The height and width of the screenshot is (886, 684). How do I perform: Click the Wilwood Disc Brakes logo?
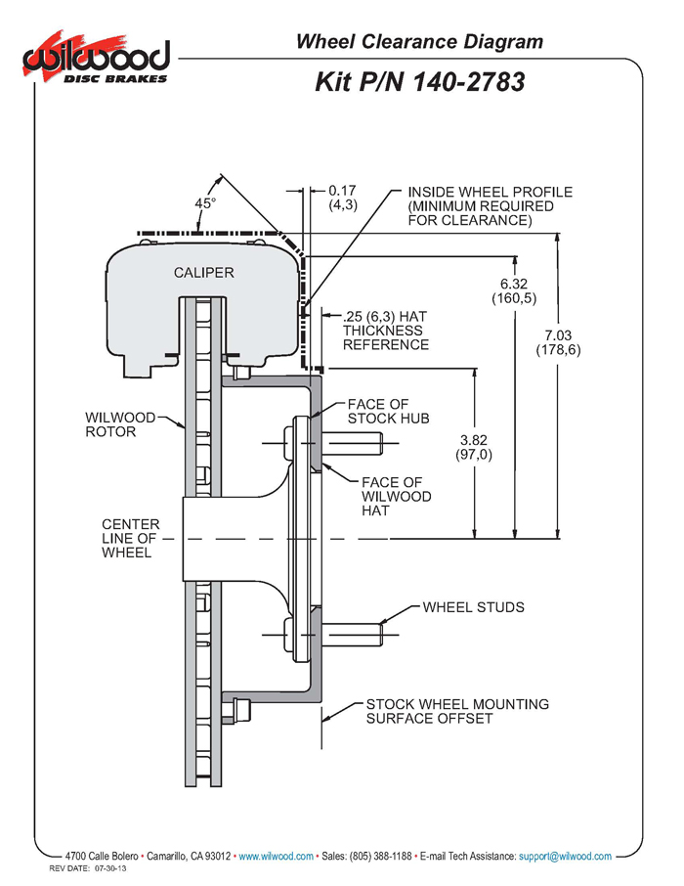96,58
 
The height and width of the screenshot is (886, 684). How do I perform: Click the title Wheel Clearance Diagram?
419,42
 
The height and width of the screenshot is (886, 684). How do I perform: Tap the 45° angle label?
205,202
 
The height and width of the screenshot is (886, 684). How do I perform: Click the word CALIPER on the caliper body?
204,273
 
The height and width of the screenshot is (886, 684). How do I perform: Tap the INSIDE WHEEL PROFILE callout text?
491,206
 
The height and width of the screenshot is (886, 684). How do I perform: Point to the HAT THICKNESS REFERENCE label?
385,331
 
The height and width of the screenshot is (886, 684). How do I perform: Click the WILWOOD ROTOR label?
120,424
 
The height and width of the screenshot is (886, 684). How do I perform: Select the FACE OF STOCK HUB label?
389,412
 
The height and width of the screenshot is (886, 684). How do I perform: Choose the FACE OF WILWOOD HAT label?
397,496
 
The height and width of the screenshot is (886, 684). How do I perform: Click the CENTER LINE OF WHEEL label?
131,539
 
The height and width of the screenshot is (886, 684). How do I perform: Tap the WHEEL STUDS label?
473,607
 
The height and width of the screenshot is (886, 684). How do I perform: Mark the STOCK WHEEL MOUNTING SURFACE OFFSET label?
457,711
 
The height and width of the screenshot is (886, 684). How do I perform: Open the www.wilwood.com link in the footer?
277,856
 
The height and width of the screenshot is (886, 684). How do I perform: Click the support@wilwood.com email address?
565,856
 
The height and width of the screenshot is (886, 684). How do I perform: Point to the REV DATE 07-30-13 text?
88,868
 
